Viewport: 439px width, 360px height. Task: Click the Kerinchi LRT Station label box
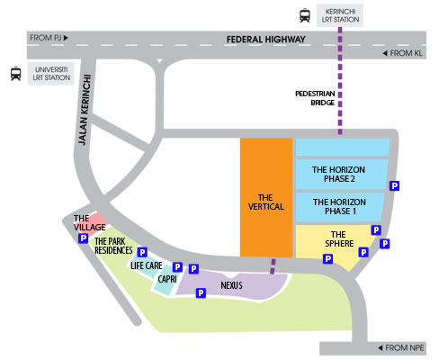coord(340,15)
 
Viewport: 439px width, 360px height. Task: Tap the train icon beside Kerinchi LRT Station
coord(305,15)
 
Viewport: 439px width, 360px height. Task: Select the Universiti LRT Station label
coord(51,74)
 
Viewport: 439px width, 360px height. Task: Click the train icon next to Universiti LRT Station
coord(16,74)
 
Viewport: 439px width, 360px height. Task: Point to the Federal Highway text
coord(265,40)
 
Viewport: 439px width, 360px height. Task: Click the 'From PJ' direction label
coord(49,38)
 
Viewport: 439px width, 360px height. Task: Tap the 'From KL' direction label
coord(403,53)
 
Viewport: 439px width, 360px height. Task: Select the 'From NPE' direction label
coord(401,348)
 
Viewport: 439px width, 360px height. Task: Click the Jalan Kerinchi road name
coord(85,110)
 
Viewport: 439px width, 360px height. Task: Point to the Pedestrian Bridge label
coord(315,98)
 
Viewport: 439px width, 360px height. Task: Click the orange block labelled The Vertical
coord(266,197)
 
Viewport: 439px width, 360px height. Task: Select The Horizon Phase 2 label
coord(338,175)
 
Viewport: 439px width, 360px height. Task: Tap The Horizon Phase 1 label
coord(339,206)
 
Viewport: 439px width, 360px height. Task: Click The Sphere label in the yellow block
coord(339,238)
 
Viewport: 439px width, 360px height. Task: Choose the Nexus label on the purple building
coord(231,285)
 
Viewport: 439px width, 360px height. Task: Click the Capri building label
coord(167,279)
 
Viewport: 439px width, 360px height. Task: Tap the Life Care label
coord(147,265)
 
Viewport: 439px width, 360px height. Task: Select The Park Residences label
coord(113,246)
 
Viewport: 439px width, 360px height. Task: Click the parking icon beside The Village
coord(83,238)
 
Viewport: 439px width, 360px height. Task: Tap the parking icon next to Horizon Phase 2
coord(394,186)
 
